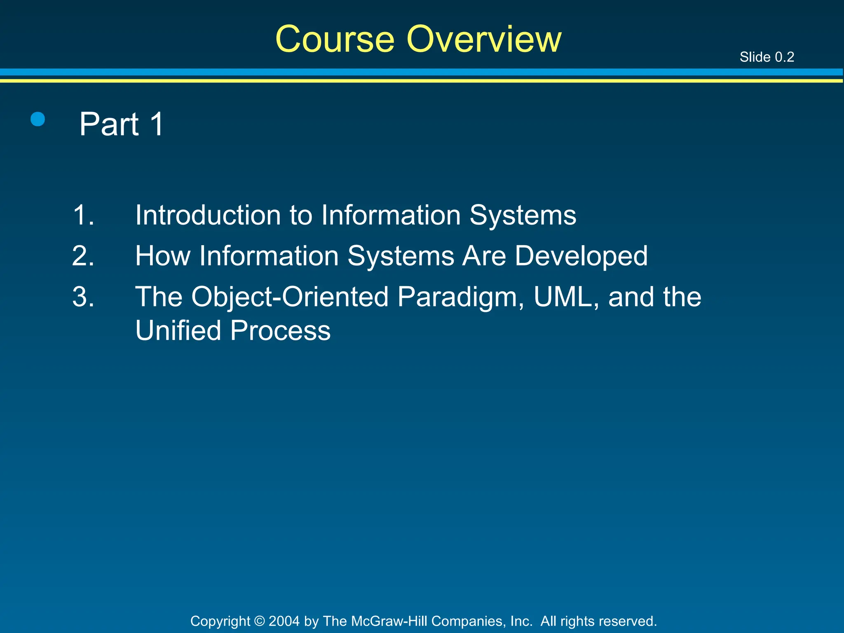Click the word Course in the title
coord(335,39)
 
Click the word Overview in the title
coord(484,39)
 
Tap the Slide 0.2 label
coord(767,57)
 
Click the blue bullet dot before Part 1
coord(38,120)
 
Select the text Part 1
coord(122,124)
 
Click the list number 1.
coord(83,215)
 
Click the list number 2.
coord(83,256)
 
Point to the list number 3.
coord(83,297)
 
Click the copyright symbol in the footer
coord(259,621)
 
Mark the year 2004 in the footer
coord(284,621)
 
